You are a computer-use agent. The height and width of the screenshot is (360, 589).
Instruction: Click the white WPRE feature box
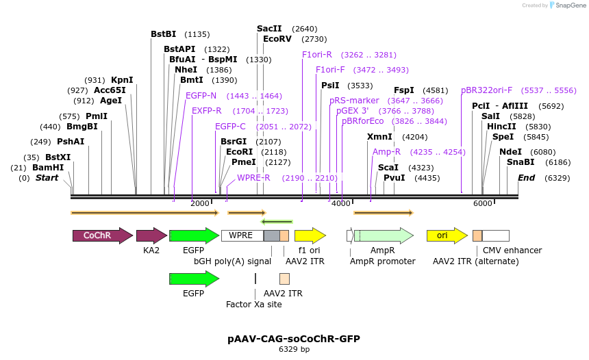[x=241, y=235]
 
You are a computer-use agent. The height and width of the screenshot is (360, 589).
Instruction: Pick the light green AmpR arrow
[x=383, y=235]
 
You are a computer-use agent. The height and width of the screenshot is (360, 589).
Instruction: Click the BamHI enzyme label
[x=48, y=167]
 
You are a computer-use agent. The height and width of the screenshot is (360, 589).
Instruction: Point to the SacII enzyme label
[x=269, y=29]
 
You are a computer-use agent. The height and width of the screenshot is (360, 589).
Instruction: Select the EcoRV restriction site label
[x=277, y=39]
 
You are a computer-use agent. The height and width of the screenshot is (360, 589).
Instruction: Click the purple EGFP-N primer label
[x=201, y=96]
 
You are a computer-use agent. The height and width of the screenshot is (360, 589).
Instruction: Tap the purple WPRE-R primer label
[x=253, y=178]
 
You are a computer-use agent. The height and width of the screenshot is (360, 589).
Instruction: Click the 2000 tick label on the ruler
[x=199, y=203]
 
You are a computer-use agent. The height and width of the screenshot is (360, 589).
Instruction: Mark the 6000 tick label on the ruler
[x=482, y=203]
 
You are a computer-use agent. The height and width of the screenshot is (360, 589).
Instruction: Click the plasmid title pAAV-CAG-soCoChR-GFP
[x=294, y=339]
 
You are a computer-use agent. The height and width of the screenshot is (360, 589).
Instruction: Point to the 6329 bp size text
[x=294, y=350]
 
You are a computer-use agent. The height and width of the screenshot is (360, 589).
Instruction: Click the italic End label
[x=526, y=178]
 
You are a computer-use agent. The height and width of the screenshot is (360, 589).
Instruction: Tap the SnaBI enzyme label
[x=521, y=162]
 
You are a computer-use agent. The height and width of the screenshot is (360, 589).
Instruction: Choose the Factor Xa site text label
[x=254, y=305]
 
